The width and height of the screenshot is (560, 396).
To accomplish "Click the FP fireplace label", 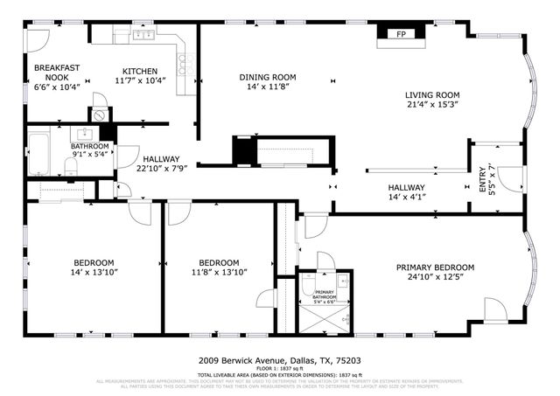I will coord(402,34).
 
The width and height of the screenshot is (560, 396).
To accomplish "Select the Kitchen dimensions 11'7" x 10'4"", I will coord(140,81).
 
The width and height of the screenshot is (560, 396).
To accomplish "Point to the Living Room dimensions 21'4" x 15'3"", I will coord(431,105).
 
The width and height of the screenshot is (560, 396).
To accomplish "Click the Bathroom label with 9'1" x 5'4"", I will coord(90,146).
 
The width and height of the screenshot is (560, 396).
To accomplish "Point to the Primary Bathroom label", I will coord(324,295).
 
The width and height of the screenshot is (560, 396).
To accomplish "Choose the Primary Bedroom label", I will coord(435,267).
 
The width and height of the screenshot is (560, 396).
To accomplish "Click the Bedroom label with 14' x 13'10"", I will coord(93,263).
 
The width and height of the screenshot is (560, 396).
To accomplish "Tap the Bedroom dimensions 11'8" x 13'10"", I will coord(219,273).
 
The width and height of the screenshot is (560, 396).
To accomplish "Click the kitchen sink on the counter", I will coord(143,36).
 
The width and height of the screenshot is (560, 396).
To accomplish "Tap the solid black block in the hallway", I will coord(241,149).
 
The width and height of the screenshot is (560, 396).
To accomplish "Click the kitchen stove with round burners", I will coord(185,62).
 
